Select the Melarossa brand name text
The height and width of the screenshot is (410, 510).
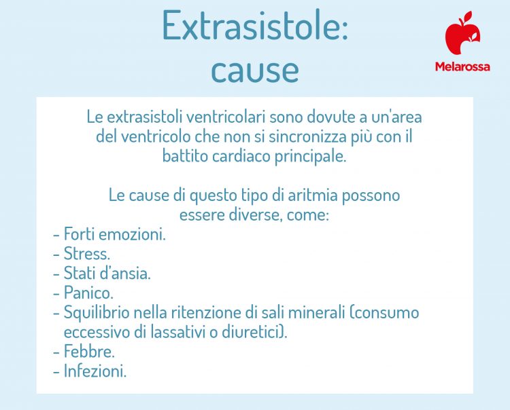pos(462,67)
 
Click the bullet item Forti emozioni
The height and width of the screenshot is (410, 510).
pos(114,235)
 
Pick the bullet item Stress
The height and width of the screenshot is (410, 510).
pos(86,255)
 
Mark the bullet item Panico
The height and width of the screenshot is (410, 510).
pos(88,294)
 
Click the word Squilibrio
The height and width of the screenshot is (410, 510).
pos(95,314)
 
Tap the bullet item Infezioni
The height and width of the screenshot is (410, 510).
pos(95,372)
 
